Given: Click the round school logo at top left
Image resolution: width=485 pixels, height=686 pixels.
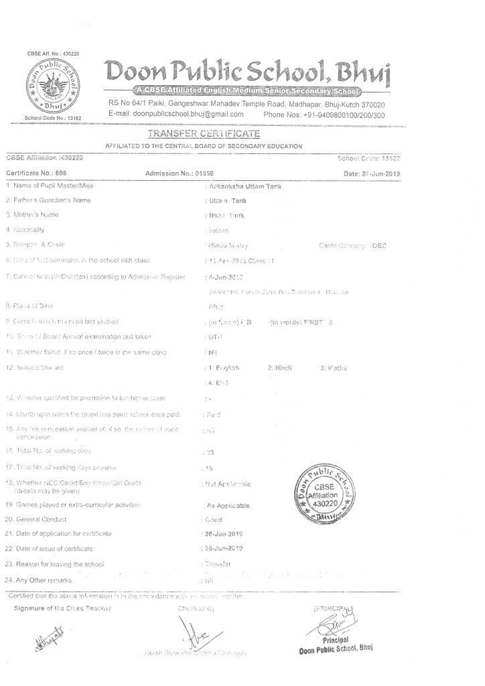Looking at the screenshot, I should (51, 86).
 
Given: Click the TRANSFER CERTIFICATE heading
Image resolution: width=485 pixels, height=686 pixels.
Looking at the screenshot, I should (204, 135).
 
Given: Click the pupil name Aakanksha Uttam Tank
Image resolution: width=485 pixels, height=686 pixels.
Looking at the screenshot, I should (245, 186).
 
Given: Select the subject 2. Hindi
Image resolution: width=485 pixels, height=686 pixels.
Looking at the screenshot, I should (280, 368).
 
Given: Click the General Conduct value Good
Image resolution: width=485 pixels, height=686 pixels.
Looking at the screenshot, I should (215, 519).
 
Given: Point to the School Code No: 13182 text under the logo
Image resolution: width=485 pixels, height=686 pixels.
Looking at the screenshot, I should (52, 118).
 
